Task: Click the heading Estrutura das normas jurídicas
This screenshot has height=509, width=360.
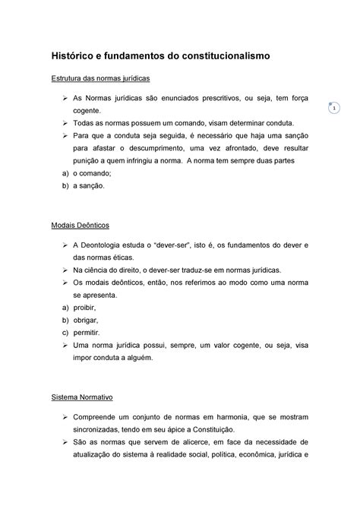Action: (x=100, y=78)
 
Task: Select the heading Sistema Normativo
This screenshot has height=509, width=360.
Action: (x=82, y=396)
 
